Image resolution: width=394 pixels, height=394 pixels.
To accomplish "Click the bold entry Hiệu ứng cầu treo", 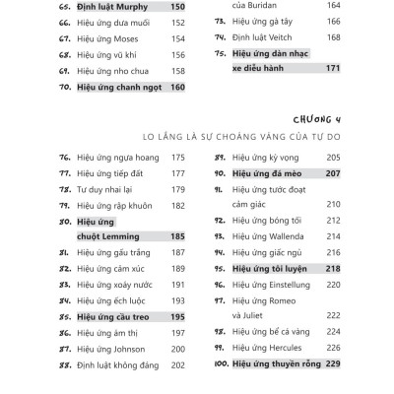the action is click(116, 317).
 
